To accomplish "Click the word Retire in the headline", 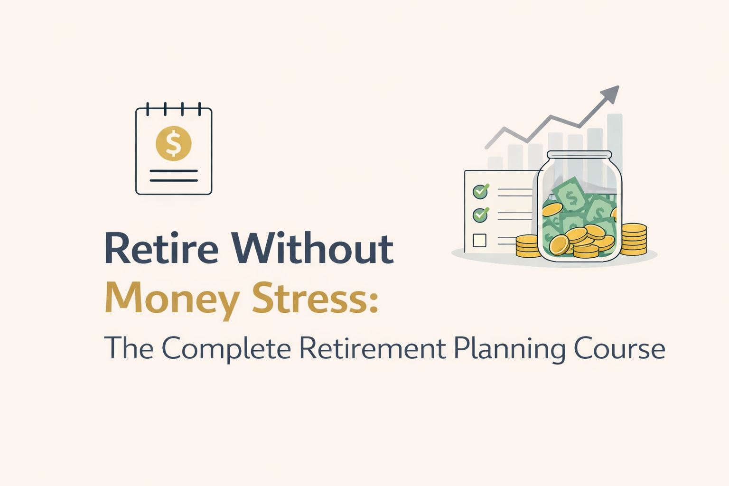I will pos(161,248).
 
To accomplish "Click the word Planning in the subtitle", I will pos(509,349).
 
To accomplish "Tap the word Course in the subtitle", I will pos(619,349).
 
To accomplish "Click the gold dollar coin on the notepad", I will pos(174,143).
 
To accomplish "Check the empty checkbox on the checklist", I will pos(479,240).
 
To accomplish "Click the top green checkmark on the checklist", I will pos(480,192).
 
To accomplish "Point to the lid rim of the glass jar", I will pos(579,155).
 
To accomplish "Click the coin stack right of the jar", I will pos(634,239).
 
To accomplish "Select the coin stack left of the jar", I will pos(527,246).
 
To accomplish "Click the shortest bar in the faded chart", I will pos(495,162).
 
